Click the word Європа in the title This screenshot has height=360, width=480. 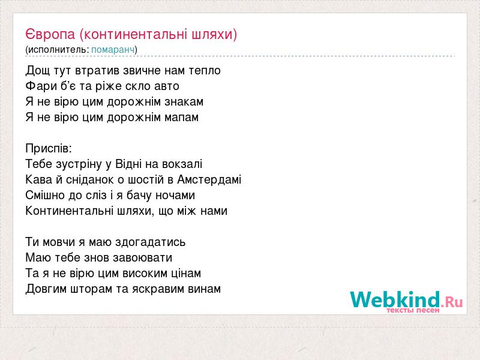(x=50, y=34)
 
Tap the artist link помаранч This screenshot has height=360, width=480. (x=113, y=50)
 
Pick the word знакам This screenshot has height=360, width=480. (x=184, y=101)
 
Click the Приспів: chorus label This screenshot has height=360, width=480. (x=49, y=148)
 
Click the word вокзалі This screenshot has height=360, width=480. (x=182, y=164)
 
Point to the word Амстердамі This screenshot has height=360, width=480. (x=209, y=179)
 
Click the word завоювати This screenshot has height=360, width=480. (x=143, y=258)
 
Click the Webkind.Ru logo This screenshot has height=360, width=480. (x=407, y=301)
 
